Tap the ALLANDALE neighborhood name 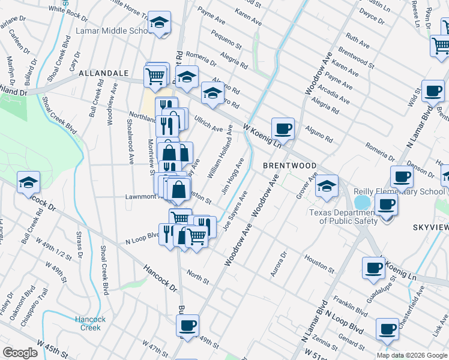point(96,73)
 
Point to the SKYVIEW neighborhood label point(429,227)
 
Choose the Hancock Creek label point(91,323)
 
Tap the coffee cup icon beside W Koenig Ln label point(283,128)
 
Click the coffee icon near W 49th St point(187,326)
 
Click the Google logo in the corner point(20,352)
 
